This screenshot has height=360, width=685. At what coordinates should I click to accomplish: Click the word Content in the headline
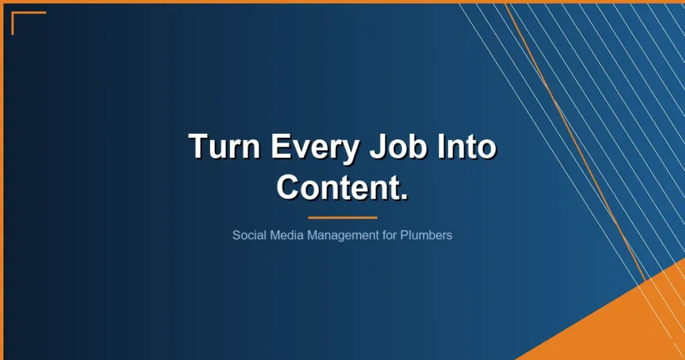tap(337, 187)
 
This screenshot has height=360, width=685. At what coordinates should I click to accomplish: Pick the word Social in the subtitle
tap(248, 236)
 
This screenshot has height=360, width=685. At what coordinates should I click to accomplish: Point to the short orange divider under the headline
tap(342, 217)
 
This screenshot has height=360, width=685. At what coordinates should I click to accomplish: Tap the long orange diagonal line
tap(575, 141)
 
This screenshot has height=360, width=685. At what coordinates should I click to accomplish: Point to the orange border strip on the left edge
tap(1, 181)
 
